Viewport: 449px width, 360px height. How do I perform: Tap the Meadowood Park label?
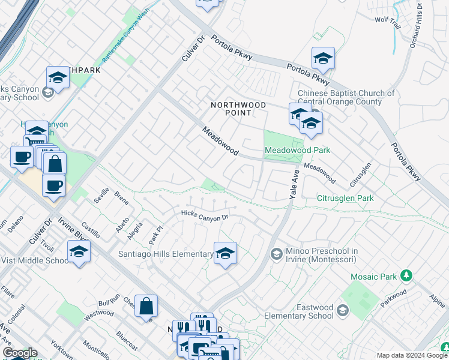[x=298, y=150]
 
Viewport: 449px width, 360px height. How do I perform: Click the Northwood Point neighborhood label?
[x=238, y=109]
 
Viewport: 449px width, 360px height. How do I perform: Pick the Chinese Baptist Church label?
[x=346, y=97]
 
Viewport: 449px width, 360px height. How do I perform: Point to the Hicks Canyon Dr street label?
[x=205, y=215]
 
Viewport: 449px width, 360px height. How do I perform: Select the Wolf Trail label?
[x=387, y=20]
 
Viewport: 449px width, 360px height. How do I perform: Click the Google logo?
[x=20, y=353]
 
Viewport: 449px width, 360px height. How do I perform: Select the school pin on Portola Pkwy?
[x=323, y=59]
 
